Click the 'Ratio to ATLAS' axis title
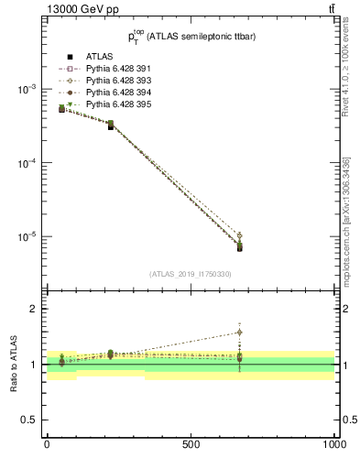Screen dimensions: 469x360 click(x=13, y=364)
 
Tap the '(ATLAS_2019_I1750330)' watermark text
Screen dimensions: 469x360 click(x=191, y=274)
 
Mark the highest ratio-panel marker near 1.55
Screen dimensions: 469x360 click(x=239, y=333)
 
